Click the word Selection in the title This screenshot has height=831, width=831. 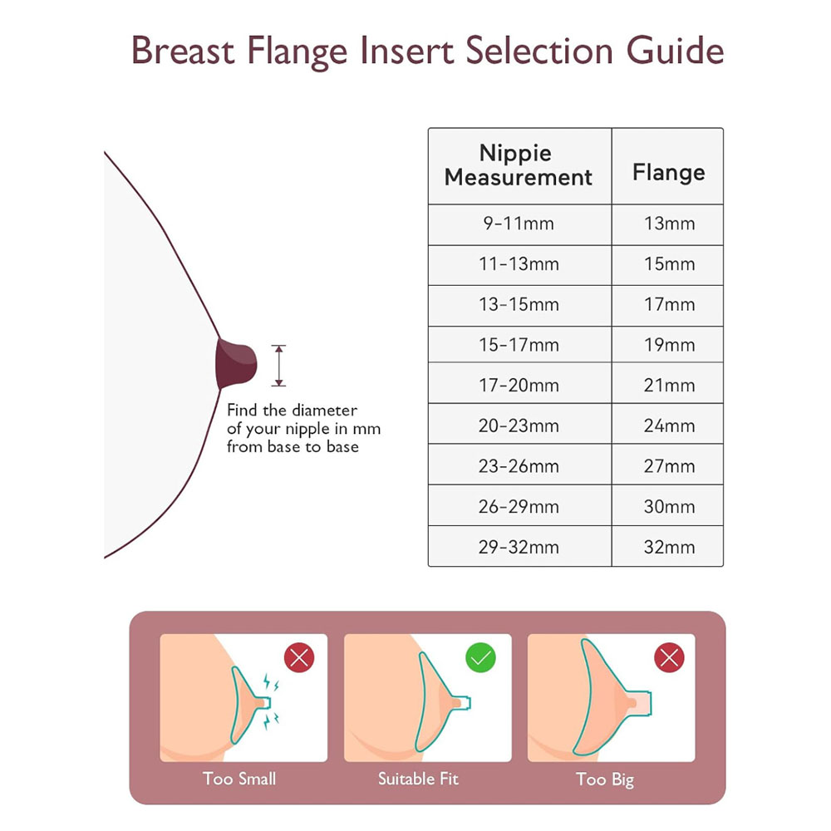point(539,51)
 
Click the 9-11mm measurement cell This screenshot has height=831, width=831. point(519,224)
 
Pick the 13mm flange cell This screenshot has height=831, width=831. point(669,224)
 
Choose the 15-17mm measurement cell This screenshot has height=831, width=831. point(519,345)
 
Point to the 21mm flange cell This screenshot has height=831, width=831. point(669,386)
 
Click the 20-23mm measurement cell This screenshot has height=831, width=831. point(519,425)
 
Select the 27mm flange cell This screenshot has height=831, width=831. point(669,466)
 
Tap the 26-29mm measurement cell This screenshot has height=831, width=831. point(519,507)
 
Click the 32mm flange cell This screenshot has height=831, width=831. point(669,547)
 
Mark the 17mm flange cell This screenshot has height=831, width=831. point(669,305)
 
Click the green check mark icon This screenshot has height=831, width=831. point(480,657)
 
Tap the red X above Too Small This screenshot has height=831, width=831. point(299,657)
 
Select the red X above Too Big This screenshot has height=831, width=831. point(669,657)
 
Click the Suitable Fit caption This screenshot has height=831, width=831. point(418,779)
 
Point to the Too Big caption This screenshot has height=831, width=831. point(605,779)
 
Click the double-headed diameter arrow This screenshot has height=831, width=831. point(278,365)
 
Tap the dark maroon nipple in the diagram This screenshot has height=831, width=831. point(236,364)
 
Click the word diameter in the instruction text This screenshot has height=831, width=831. point(325,411)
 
